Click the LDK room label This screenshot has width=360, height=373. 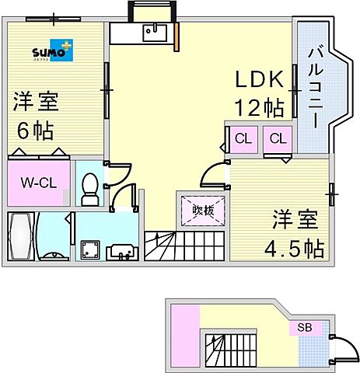pos(260,80)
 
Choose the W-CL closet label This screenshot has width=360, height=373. pos(37,184)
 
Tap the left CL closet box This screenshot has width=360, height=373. pos(243,140)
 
